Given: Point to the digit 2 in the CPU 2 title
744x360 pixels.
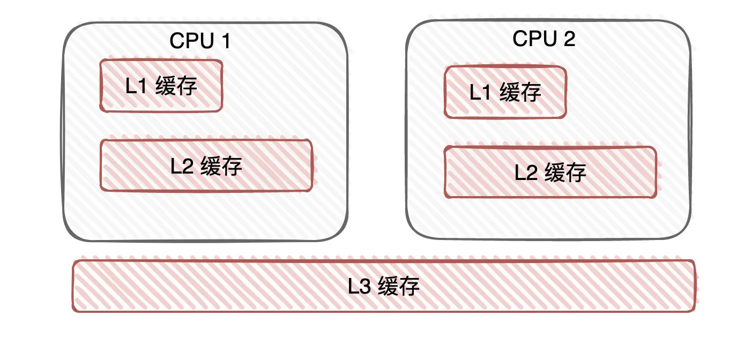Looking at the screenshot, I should click(x=569, y=39).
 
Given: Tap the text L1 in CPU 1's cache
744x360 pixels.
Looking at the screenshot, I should click(x=136, y=86).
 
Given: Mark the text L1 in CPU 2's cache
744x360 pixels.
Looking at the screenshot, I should click(x=480, y=93).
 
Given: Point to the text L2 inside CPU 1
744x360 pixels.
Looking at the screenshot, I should click(x=182, y=166).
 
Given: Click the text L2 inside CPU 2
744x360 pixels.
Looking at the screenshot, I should click(x=526, y=172).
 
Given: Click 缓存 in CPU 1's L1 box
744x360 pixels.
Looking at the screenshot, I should click(x=176, y=86).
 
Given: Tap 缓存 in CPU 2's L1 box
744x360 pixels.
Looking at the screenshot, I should click(x=520, y=93).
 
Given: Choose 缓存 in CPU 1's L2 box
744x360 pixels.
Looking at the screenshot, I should click(x=222, y=166).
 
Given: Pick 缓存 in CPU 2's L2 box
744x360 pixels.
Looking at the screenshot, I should click(x=566, y=172).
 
